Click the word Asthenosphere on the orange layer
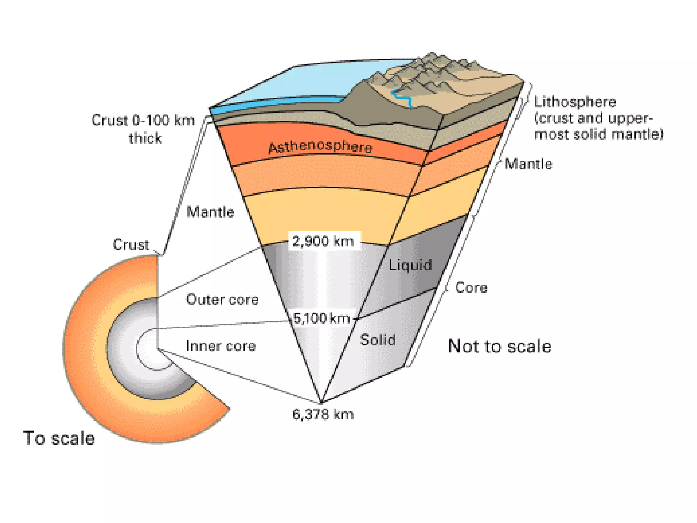320,147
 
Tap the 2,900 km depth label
323,241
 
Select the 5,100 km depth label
322,318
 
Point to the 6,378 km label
323,415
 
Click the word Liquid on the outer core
410,265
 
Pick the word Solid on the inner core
378,340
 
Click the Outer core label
222,300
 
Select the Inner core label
221,346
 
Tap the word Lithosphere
575,102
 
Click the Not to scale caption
499,346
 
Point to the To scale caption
59,438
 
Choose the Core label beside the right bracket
471,288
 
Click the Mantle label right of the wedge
528,164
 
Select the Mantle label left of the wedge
210,212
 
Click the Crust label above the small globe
131,244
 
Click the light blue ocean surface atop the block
306,82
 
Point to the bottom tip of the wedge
321,401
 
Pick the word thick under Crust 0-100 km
145,138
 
